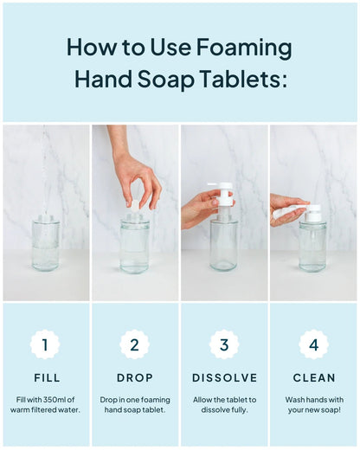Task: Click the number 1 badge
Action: (45, 344)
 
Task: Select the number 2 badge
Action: (134, 344)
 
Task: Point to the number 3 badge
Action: (224, 344)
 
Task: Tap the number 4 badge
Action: (313, 344)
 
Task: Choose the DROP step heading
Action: (134, 378)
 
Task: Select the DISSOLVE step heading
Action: (224, 378)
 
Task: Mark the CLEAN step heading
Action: (313, 378)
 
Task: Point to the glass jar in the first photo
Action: (45, 246)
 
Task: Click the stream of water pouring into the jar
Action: (45, 173)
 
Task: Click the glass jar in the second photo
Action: (134, 247)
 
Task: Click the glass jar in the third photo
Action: (224, 247)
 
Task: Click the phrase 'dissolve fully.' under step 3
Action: (224, 409)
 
